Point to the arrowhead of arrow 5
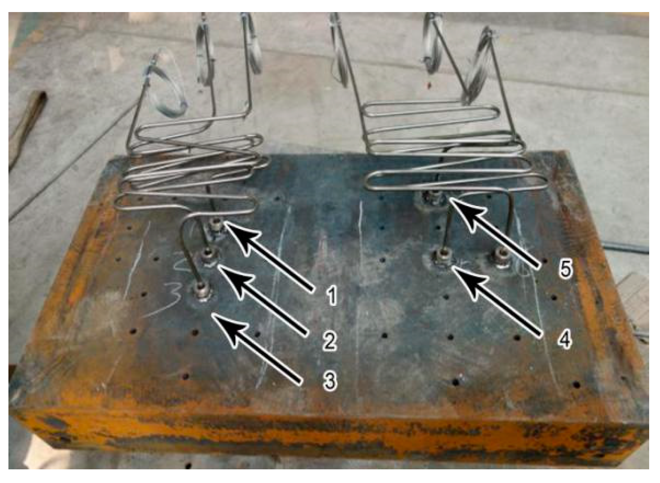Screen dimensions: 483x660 pos(450,199)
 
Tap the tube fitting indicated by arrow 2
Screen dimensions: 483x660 pos(208,255)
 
